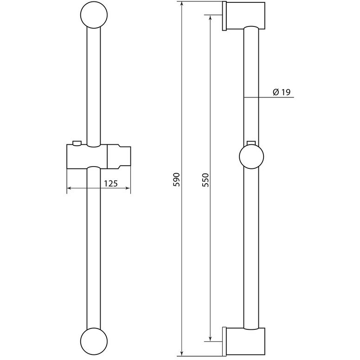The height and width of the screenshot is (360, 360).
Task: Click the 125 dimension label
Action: click(111, 183)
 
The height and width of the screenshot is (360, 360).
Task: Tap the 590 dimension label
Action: click(177, 180)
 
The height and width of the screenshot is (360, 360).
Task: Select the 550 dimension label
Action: click(206, 180)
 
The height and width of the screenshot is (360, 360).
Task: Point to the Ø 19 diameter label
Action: click(282, 92)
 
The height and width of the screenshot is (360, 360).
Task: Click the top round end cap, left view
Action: click(94, 15)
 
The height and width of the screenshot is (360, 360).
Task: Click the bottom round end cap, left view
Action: click(94, 345)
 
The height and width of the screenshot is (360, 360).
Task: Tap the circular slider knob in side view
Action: click(251, 157)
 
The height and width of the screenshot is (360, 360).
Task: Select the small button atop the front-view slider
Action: click(77, 143)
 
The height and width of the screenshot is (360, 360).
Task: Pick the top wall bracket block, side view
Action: click(246, 16)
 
